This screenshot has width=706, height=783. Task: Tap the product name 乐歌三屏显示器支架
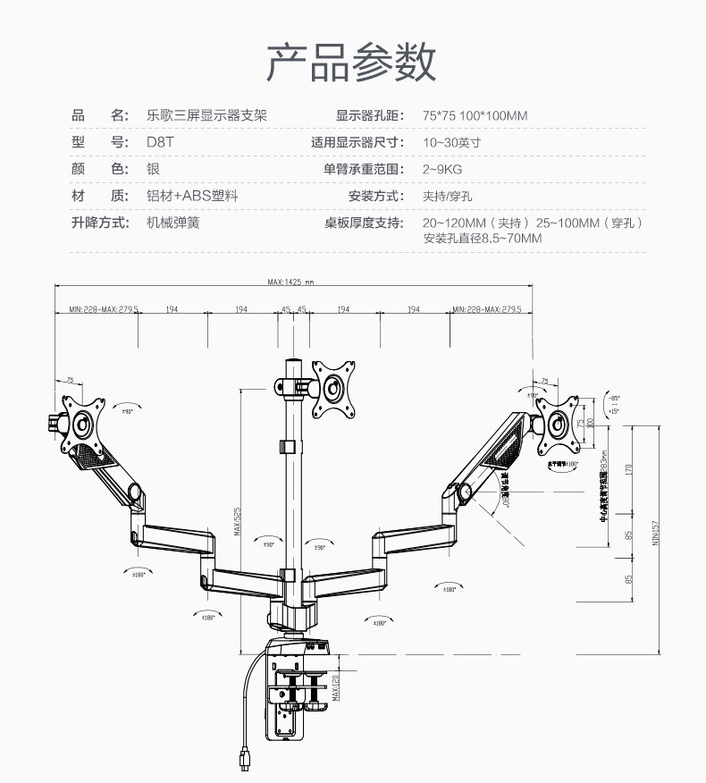pos(206,115)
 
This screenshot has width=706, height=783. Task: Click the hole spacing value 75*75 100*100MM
pos(475,116)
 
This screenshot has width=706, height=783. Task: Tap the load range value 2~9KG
pos(443,169)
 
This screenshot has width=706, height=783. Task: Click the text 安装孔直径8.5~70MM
pos(483,239)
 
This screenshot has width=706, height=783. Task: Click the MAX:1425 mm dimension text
pos(291,283)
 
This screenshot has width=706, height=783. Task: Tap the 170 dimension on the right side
pos(629,469)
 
